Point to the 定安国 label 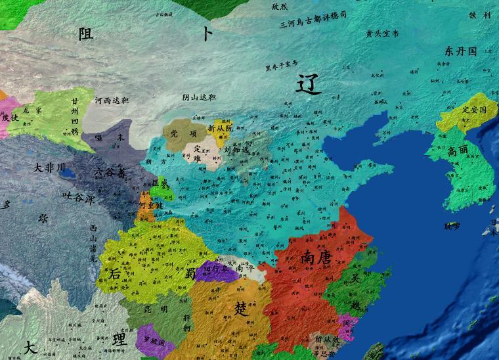pos(473,110)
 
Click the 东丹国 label pos(460,51)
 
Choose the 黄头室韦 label pos(381,33)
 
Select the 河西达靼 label pos(111,101)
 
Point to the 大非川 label pos(49,168)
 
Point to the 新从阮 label pos(220,128)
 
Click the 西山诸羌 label pos(93,244)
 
